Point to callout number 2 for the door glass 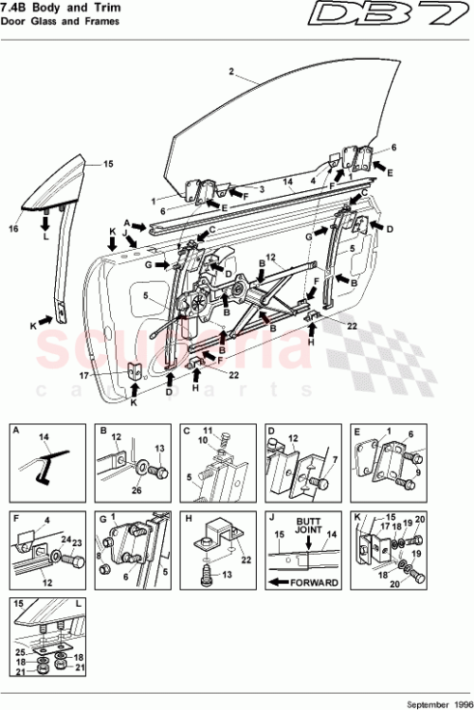tap(230, 70)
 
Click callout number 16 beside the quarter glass tap(14, 228)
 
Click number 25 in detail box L tap(20, 653)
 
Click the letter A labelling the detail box tap(16, 430)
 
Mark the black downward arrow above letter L tap(46, 223)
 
